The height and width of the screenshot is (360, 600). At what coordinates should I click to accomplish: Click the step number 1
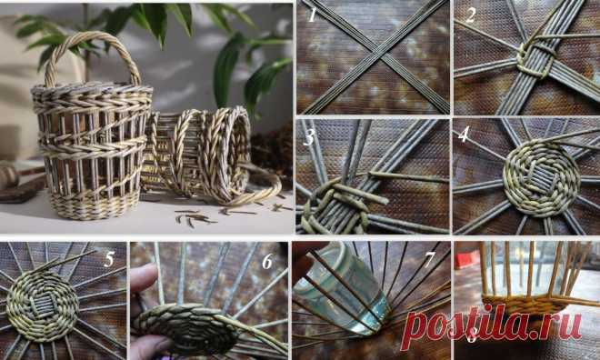[x=312, y=16]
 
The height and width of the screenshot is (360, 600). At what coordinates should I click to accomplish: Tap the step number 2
[x=470, y=15]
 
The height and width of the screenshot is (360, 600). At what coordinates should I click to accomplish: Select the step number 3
[x=308, y=138]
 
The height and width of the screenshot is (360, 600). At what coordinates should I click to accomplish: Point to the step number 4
[x=464, y=134]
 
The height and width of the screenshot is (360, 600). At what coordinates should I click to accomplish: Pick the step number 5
[x=109, y=259]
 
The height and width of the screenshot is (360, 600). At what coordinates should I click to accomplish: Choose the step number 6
[x=267, y=261]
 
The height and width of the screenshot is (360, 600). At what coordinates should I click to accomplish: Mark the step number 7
[x=429, y=260]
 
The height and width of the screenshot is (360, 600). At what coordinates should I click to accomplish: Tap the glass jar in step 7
[x=339, y=289]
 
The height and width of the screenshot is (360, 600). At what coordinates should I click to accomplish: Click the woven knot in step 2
[x=536, y=60]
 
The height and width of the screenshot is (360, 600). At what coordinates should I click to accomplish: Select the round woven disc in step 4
[x=541, y=178]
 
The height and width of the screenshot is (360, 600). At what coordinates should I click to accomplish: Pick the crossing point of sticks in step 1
[x=377, y=53]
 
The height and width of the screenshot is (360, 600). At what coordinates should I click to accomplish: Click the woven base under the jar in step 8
[x=525, y=305]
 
